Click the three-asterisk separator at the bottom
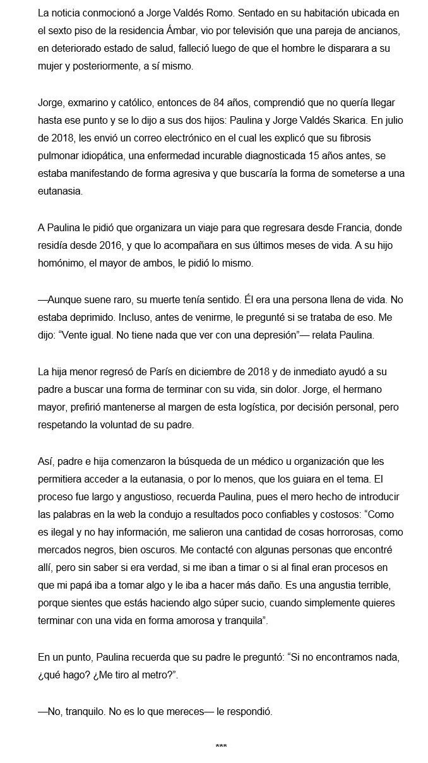tap(221, 746)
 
